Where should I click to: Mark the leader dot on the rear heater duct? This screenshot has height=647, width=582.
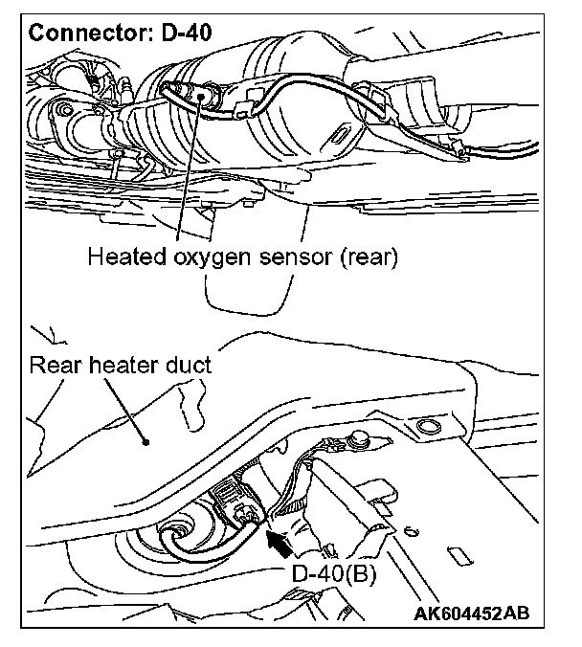(x=145, y=442)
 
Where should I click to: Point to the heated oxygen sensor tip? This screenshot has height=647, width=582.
(x=198, y=95)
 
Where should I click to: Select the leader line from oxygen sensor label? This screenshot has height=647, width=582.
(x=189, y=172)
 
